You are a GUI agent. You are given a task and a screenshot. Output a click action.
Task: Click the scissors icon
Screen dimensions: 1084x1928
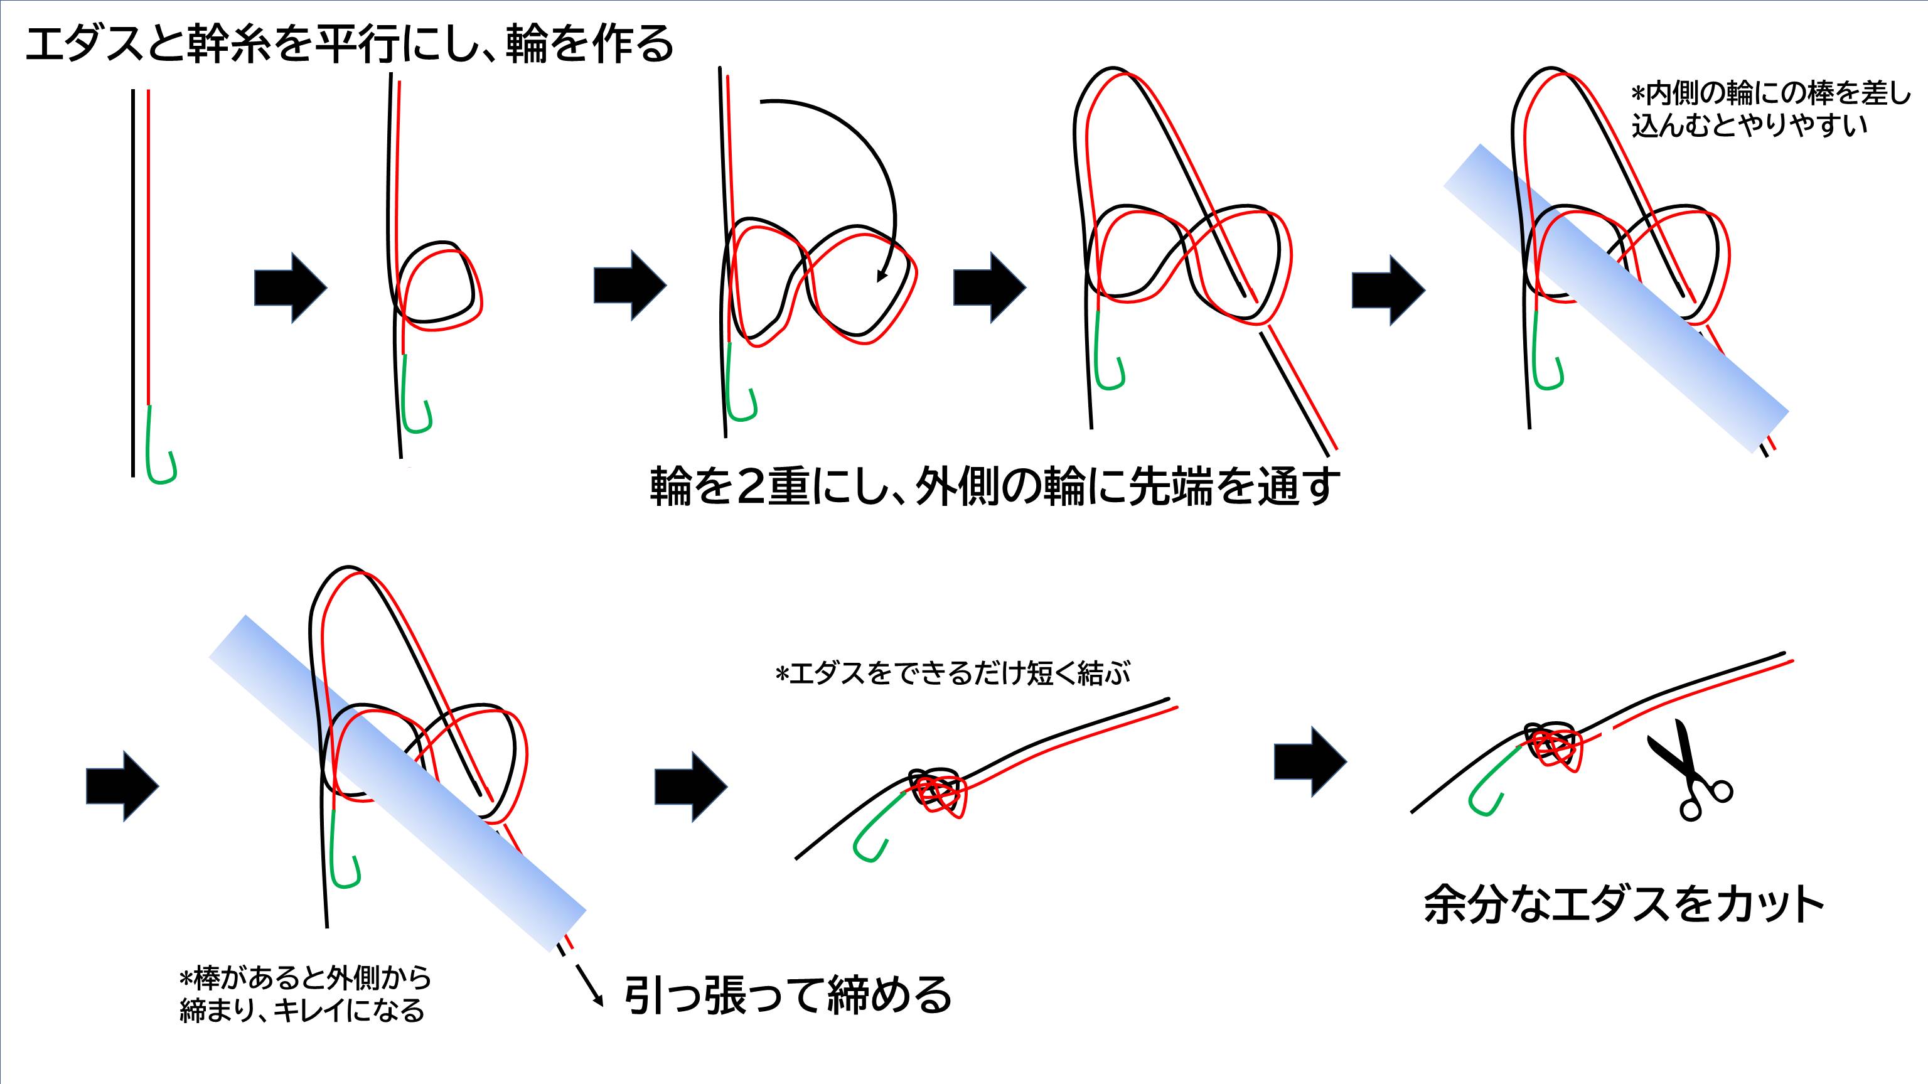(1693, 771)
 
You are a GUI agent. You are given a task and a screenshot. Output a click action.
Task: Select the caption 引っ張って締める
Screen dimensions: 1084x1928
(788, 995)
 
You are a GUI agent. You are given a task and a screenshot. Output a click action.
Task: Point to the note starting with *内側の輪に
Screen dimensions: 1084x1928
(1769, 109)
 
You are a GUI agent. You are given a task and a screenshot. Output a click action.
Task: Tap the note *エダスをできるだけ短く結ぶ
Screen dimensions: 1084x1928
(953, 673)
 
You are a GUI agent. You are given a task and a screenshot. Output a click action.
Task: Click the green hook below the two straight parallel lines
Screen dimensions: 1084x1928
(160, 449)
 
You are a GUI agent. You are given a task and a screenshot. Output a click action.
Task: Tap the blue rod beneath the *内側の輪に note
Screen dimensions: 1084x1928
(1617, 299)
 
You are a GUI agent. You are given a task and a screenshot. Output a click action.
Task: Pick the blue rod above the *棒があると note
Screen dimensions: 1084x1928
(397, 782)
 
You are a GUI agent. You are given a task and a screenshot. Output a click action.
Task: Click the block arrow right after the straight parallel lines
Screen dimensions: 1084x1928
(291, 287)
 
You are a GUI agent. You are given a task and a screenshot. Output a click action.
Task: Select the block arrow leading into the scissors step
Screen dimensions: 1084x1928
(1310, 761)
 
